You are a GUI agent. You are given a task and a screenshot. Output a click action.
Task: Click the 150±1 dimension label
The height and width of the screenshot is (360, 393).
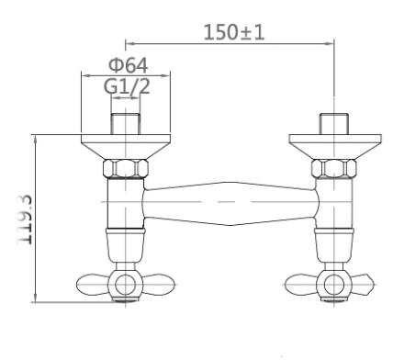pyautogui.click(x=234, y=32)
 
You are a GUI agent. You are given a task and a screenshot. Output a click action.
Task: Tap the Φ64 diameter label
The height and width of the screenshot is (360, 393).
pyautogui.click(x=129, y=65)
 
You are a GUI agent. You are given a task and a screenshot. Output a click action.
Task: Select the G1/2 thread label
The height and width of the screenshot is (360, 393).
pyautogui.click(x=127, y=86)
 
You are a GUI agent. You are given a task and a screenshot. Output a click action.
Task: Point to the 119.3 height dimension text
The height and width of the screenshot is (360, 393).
pyautogui.click(x=25, y=219)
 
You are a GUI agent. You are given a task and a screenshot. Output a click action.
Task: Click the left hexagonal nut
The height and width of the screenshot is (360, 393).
pyautogui.click(x=126, y=168)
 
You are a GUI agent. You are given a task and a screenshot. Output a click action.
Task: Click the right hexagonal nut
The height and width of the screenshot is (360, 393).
pyautogui.click(x=334, y=168)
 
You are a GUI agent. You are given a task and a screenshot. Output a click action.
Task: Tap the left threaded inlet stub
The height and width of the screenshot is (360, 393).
pyautogui.click(x=126, y=124)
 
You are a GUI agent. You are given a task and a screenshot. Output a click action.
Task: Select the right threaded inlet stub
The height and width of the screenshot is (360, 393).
pyautogui.click(x=334, y=124)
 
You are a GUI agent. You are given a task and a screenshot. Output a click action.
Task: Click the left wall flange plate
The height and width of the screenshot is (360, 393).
pyautogui.click(x=126, y=147)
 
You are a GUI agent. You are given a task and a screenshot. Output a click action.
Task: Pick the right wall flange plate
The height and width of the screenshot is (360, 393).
pyautogui.click(x=335, y=147)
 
